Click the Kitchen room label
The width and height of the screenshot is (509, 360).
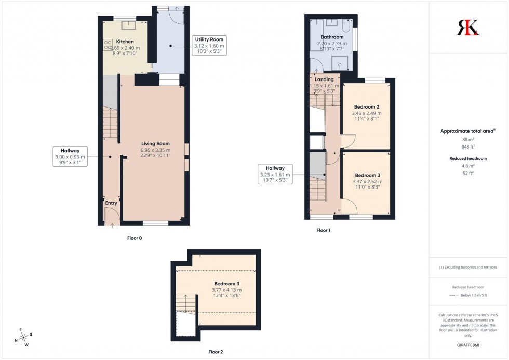pyautogui.click(x=125, y=42)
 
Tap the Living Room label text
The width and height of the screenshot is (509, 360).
pyautogui.click(x=156, y=144)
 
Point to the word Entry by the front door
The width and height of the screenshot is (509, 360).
pyautogui.click(x=111, y=203)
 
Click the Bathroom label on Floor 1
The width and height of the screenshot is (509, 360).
pyautogui.click(x=332, y=37)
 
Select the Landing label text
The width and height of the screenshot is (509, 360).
pyautogui.click(x=324, y=79)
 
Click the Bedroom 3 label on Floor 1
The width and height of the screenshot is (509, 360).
pyautogui.click(x=367, y=175)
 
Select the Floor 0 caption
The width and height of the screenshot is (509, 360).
pyautogui.click(x=135, y=238)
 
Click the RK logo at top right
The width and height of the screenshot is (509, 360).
pyautogui.click(x=467, y=27)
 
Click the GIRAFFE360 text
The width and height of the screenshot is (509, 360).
pyautogui.click(x=468, y=345)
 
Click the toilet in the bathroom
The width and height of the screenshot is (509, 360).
pyautogui.click(x=346, y=25)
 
